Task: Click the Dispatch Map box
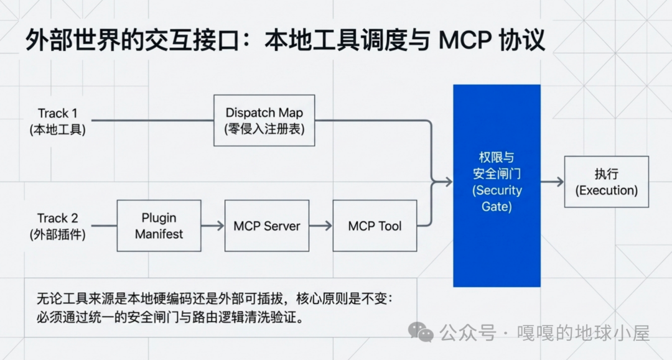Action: (264, 121)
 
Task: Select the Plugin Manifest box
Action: (159, 226)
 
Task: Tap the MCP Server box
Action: (266, 226)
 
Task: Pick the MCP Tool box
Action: (375, 226)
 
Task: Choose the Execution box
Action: (606, 182)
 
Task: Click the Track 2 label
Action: (57, 218)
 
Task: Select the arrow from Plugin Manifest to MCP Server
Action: (213, 226)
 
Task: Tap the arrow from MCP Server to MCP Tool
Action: (321, 226)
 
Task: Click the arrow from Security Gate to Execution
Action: (552, 182)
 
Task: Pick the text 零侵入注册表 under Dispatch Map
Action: (264, 129)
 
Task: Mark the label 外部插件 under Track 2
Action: (57, 235)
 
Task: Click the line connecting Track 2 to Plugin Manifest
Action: (104, 226)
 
